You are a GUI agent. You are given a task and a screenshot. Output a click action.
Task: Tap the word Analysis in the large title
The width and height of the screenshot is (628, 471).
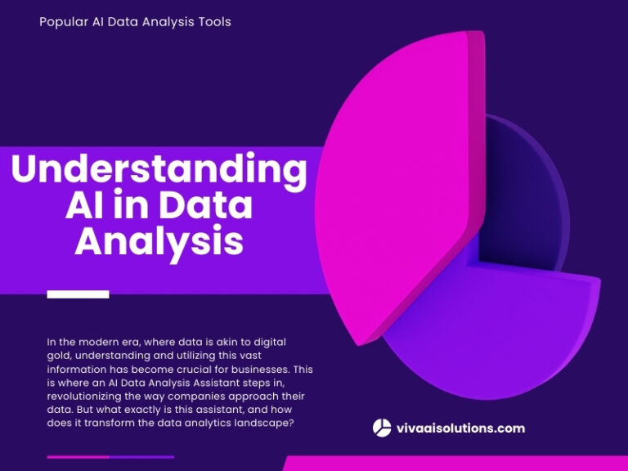click(x=159, y=242)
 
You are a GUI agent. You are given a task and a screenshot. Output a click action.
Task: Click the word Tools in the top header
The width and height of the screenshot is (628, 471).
click(x=213, y=22)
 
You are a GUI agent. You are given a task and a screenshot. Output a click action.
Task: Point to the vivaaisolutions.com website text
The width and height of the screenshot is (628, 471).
click(x=460, y=428)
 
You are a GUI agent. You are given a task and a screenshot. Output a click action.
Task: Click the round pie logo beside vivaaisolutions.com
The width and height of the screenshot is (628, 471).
click(x=382, y=428)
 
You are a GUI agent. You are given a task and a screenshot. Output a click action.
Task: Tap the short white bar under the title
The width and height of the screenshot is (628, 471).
click(x=78, y=294)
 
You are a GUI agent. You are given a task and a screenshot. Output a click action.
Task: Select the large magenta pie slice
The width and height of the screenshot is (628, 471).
click(x=392, y=180)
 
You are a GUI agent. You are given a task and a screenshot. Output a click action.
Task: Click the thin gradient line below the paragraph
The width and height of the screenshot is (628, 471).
click(x=110, y=457)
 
